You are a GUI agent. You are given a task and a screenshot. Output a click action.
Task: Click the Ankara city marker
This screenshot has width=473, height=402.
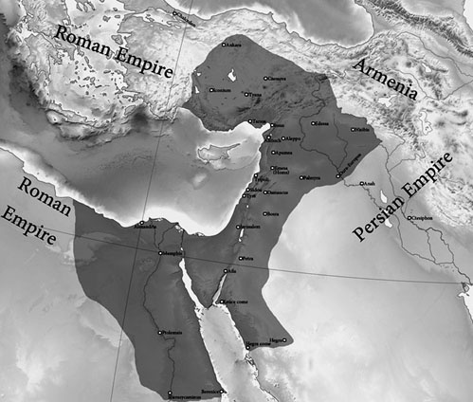224,45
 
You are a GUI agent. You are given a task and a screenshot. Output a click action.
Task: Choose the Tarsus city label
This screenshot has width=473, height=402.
258,123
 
